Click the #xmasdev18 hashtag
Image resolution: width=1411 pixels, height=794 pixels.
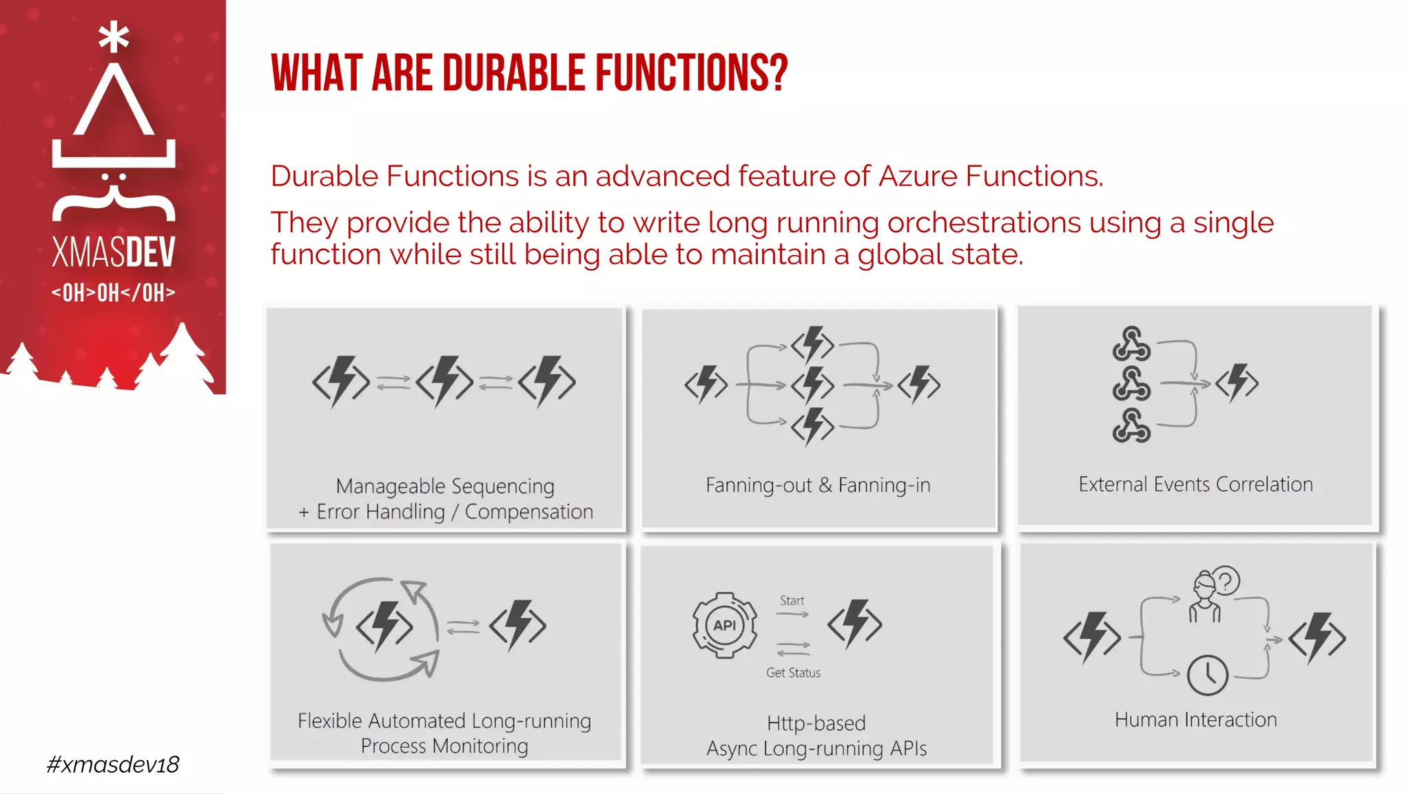pos(113,764)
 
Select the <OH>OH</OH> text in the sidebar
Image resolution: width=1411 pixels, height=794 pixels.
pos(114,293)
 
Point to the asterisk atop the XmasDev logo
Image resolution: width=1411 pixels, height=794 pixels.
pos(114,37)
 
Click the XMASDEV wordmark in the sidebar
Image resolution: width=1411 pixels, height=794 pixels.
pos(114,252)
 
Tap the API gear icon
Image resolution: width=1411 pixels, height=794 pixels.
pos(724,625)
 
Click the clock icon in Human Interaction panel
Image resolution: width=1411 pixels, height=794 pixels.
pos(1207,675)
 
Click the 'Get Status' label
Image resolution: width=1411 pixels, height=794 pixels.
pos(793,673)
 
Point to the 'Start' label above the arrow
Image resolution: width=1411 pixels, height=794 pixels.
pos(792,601)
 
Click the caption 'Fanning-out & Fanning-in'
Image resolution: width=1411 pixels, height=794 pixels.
pos(818,485)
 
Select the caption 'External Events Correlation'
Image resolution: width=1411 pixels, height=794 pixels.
pos(1195,485)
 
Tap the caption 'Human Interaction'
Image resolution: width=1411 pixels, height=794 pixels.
pos(1195,720)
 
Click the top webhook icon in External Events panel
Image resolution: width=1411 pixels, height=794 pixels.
pos(1131,344)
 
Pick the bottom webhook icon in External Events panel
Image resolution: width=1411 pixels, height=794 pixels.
pos(1131,425)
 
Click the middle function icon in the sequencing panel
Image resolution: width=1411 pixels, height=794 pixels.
pos(444,381)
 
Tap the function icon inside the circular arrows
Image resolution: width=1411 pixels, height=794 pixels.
pos(384,626)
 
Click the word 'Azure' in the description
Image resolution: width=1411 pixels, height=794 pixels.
pos(918,176)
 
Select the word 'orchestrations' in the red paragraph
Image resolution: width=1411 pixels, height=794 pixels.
pos(985,223)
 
